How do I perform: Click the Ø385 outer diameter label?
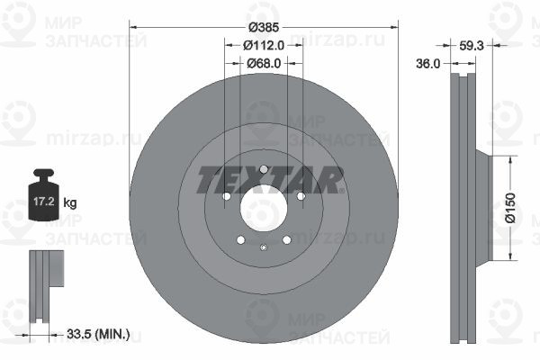pos(263,27)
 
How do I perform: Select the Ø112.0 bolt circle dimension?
pos(263,45)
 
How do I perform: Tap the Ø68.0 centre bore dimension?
pos(263,63)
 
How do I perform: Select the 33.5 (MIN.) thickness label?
pos(99,335)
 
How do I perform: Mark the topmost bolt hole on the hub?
pos(263,169)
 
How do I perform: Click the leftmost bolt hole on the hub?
pos(226,197)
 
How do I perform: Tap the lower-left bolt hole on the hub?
pos(240,240)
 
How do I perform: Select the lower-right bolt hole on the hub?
pos(286,240)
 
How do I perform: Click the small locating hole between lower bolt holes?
pos(263,248)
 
